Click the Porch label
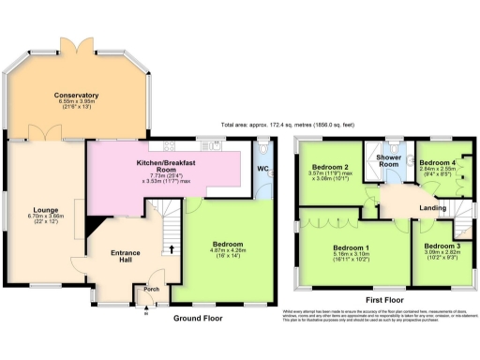click(149, 290)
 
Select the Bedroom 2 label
click(330, 168)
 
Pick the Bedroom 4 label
click(439, 162)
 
